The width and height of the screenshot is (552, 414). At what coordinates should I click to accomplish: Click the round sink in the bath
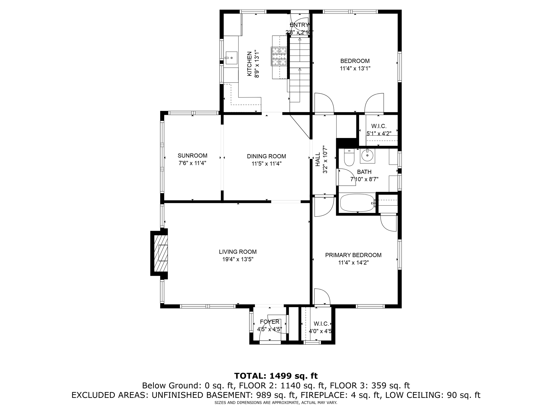pos(367,156)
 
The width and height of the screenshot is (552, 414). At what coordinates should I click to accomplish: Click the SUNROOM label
pos(192,156)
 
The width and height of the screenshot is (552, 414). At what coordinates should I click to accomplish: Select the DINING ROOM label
pos(266,156)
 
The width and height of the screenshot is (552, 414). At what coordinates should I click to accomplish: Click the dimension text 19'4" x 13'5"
pos(238,259)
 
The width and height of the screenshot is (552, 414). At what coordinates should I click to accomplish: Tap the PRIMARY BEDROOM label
pos(353,255)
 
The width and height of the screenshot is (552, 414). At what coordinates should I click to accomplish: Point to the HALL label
pos(318,159)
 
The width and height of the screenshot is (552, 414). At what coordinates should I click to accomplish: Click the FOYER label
pos(270,322)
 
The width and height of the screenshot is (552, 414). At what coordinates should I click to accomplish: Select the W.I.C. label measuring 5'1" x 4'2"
pos(379,126)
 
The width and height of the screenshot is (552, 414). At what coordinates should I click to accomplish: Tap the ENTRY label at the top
pos(299,25)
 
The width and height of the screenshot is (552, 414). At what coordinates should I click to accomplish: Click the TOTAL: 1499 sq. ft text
pos(276,376)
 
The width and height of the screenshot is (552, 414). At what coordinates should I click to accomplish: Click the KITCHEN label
pos(250,64)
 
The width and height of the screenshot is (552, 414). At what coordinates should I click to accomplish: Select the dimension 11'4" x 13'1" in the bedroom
pos(355,68)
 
